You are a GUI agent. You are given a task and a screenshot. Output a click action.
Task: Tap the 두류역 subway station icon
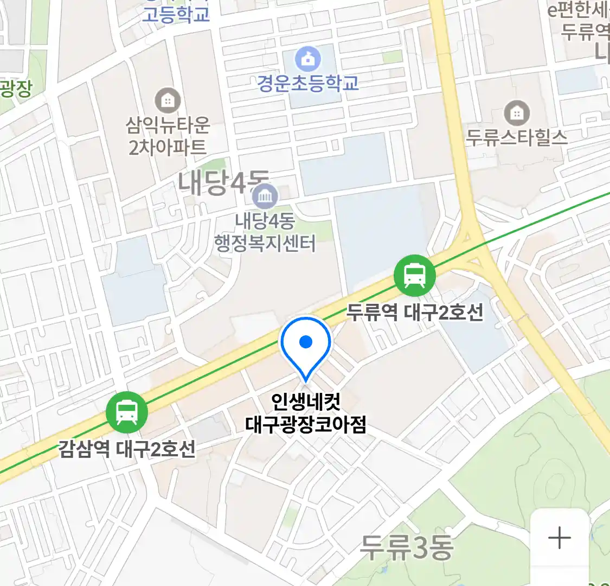click(x=415, y=275)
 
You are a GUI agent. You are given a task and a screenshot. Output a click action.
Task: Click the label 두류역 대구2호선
click(x=415, y=313)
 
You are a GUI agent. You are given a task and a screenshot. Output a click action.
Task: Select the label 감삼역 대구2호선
click(x=127, y=449)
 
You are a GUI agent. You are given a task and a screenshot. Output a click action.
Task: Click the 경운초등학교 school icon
click(x=307, y=59)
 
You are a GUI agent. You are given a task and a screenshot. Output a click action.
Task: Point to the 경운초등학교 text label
click(x=307, y=83)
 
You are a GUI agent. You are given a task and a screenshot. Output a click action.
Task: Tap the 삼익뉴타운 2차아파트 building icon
click(x=168, y=100)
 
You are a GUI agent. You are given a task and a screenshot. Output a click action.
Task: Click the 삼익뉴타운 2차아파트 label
click(x=168, y=136)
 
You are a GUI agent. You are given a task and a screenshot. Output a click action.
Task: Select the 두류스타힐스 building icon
click(x=517, y=113)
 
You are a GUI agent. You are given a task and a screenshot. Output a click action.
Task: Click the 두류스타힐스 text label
click(x=517, y=137)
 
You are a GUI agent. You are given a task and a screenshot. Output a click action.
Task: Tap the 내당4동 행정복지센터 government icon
click(x=265, y=196)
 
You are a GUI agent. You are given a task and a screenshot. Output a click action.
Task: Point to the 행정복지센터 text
click(x=265, y=243)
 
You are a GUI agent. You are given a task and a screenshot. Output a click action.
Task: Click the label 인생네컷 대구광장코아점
click(x=306, y=413)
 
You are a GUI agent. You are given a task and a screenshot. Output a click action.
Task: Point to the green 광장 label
click(x=15, y=88)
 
